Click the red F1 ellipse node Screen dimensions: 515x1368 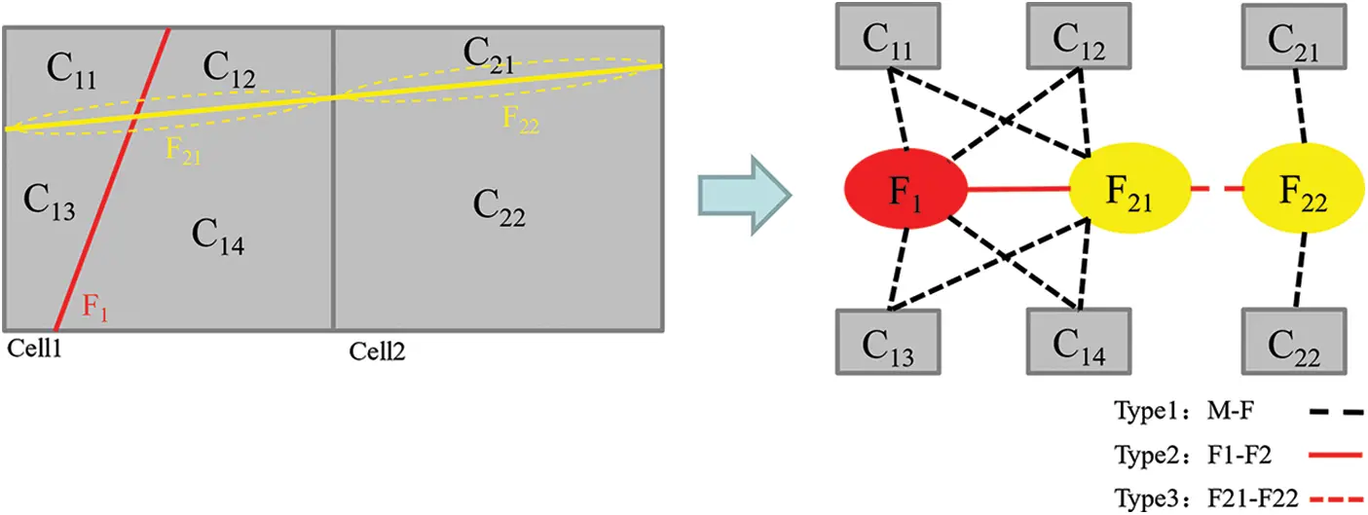pyautogui.click(x=906, y=190)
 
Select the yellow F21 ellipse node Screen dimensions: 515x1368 pyautogui.click(x=1130, y=190)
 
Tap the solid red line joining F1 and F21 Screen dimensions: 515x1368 pyautogui.click(x=1018, y=190)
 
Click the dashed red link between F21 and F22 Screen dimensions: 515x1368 pyautogui.click(x=1217, y=190)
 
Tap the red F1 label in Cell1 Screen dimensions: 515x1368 pyautogui.click(x=94, y=309)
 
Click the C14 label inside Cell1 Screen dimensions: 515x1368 pyautogui.click(x=217, y=236)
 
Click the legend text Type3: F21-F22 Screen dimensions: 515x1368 pyautogui.click(x=1206, y=498)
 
